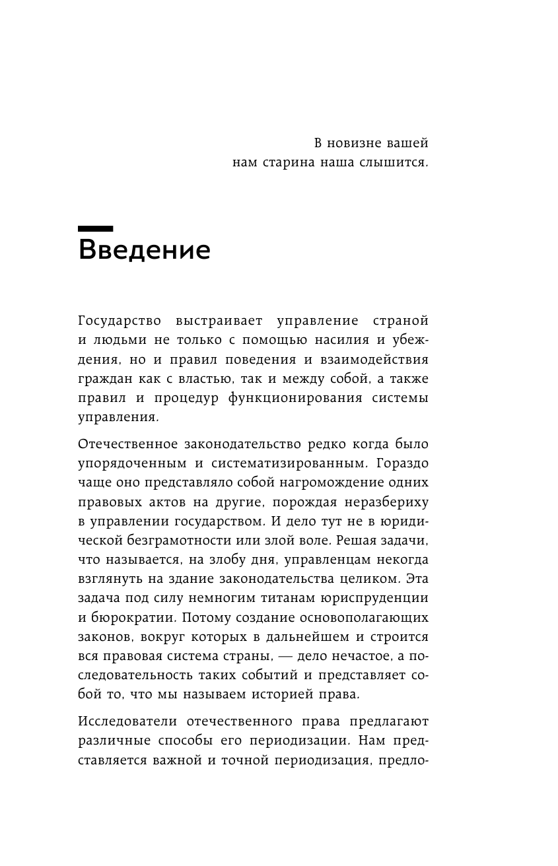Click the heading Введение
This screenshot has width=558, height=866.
[144, 251]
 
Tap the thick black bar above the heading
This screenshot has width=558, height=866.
[95, 228]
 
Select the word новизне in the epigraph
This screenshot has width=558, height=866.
[357, 143]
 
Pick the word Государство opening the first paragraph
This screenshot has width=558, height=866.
[120, 321]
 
